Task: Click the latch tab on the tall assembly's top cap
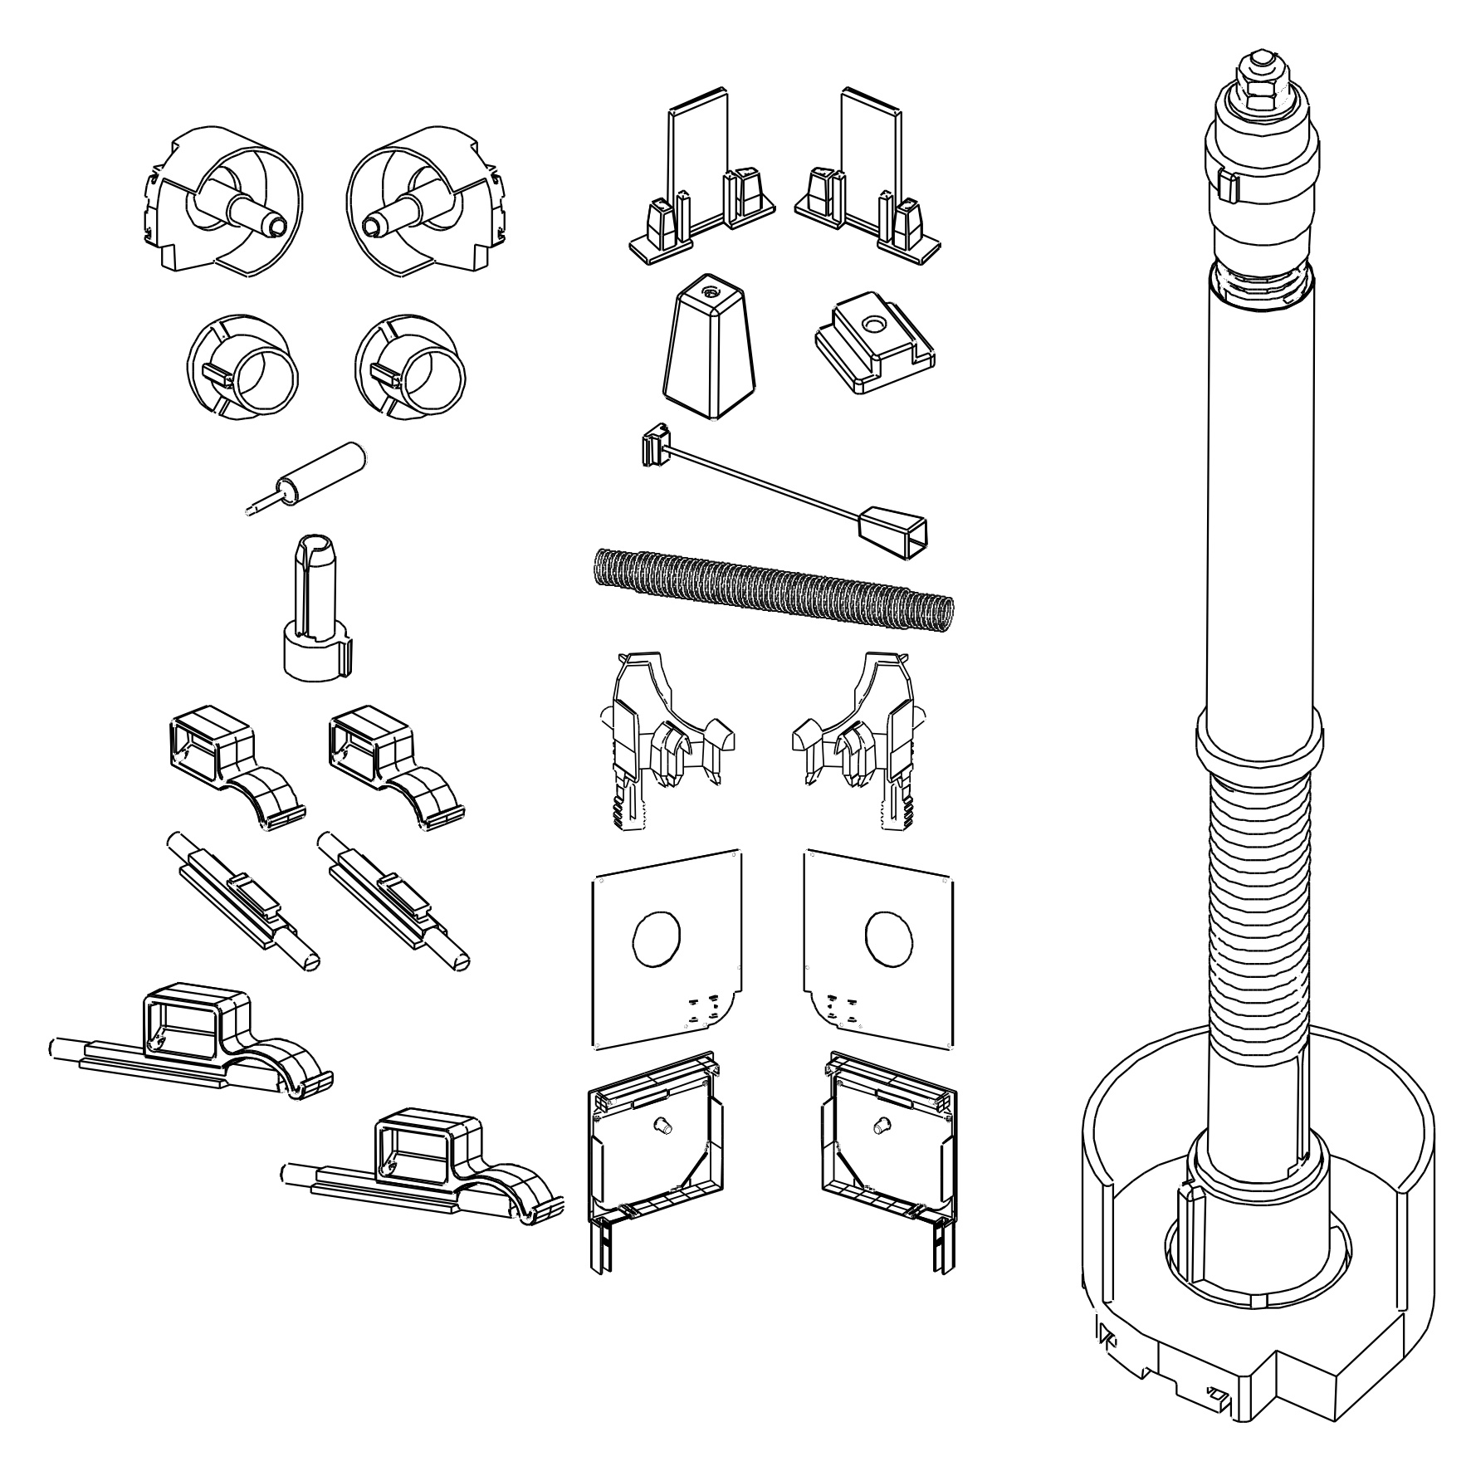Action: pyautogui.click(x=1228, y=187)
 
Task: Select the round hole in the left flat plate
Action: pyautogui.click(x=656, y=941)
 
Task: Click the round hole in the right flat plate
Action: pyautogui.click(x=888, y=938)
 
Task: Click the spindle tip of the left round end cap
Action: pyautogui.click(x=276, y=224)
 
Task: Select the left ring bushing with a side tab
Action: pyautogui.click(x=242, y=365)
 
